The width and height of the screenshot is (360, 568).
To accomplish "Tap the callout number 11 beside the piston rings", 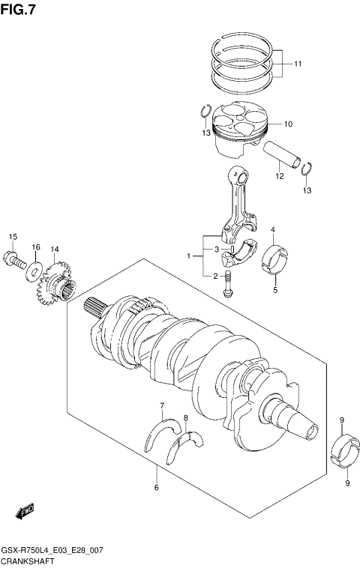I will pos(298,64).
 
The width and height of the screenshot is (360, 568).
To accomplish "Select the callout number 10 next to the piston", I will pos(287,124).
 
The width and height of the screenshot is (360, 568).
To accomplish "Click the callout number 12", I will pos(278,177).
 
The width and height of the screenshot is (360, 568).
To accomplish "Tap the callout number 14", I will pos(54,249).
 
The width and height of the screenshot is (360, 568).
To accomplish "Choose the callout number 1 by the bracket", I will pos(190,256).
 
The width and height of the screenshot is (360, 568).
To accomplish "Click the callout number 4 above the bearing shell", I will pos(274,229).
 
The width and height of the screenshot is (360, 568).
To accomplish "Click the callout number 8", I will pos(185,417).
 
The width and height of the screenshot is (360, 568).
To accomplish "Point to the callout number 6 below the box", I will pos(156,489).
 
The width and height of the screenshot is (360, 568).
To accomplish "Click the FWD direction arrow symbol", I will pos(24,511).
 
